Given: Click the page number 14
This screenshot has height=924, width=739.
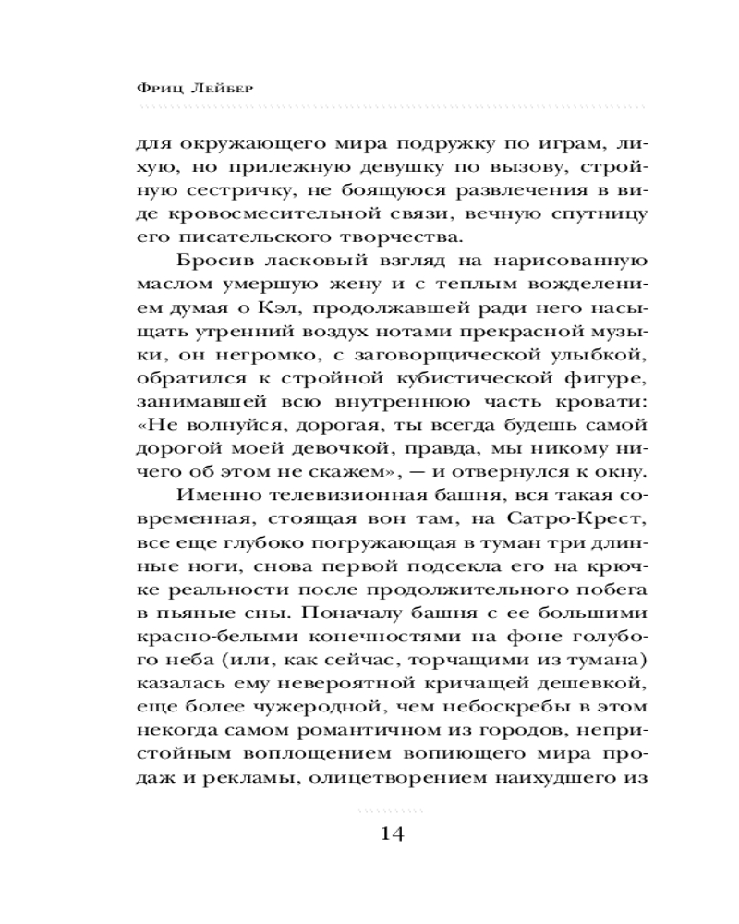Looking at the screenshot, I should point(391,833).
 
